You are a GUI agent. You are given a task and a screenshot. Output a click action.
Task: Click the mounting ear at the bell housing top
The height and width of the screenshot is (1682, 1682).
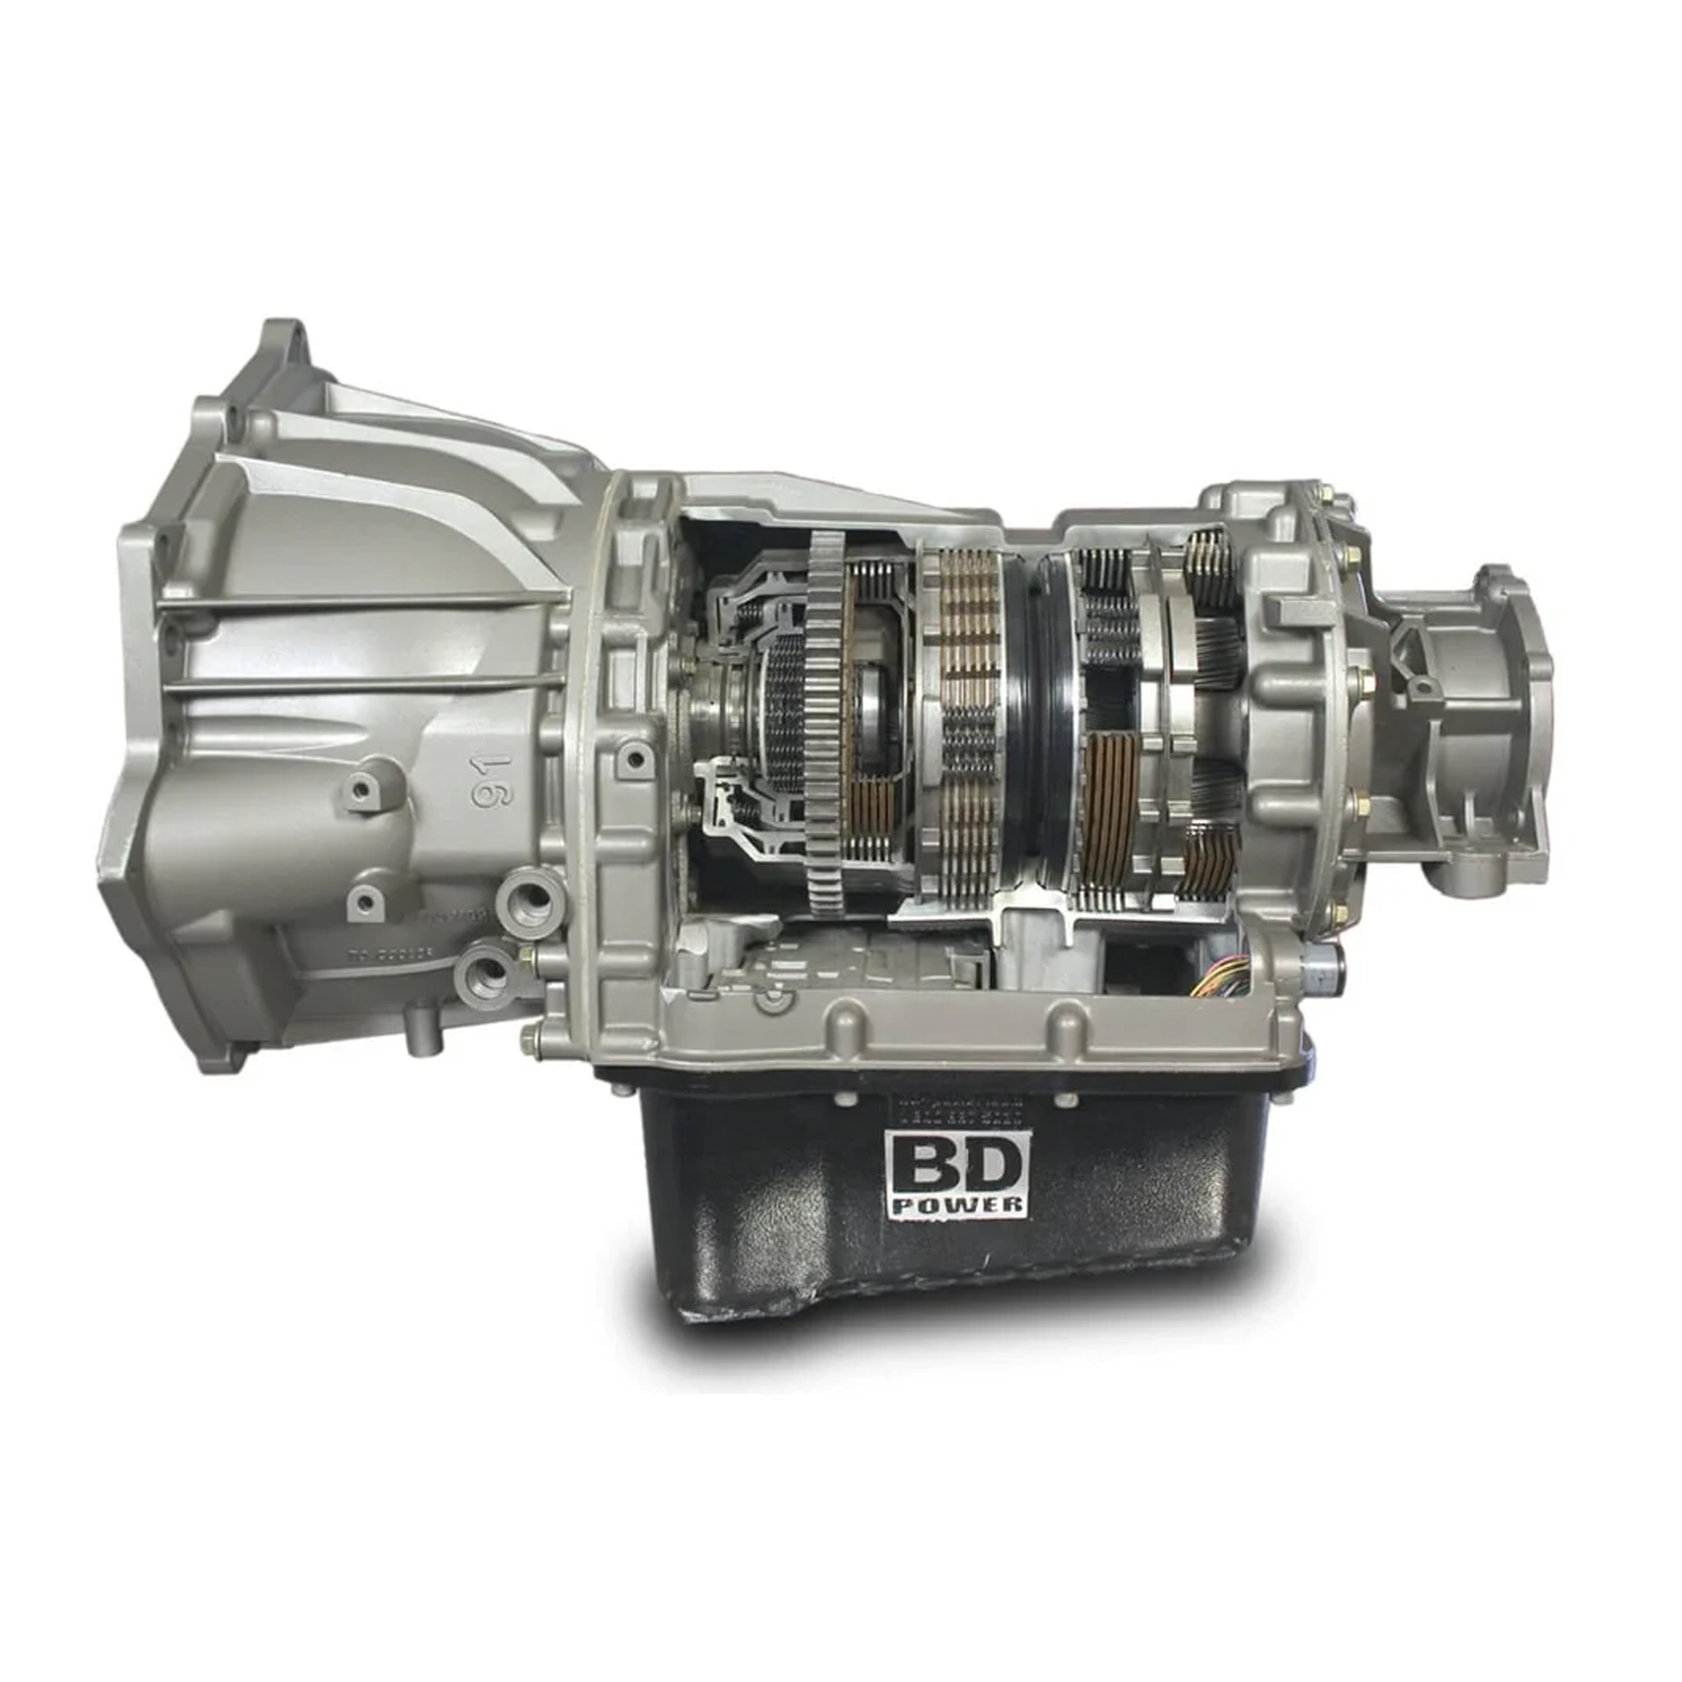point(285,345)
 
